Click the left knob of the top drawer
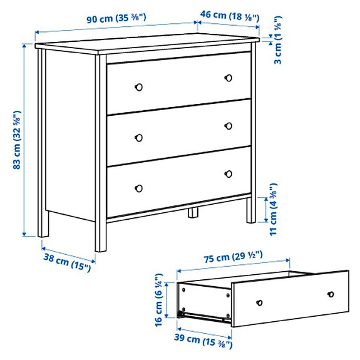tap(140, 85)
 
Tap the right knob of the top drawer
tap(229, 78)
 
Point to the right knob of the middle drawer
tap(229, 126)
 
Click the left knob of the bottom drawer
tap(139, 188)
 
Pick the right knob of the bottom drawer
tap(229, 173)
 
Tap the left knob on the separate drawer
tap(258, 302)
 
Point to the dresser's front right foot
tap(250, 213)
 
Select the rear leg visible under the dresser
tap(193, 213)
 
